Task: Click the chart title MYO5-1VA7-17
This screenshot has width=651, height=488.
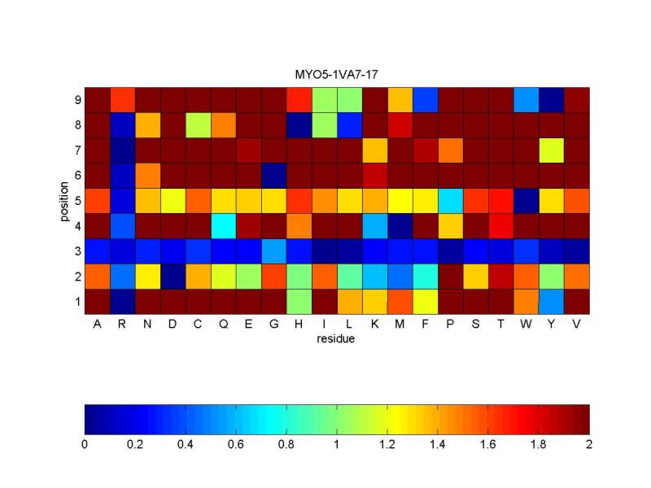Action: (336, 75)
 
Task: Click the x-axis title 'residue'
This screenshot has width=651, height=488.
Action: (336, 338)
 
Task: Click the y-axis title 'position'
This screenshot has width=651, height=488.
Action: (63, 201)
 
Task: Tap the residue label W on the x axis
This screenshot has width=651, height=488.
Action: (526, 324)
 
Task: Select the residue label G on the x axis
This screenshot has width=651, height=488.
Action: (273, 324)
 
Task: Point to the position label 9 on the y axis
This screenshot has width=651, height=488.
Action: (77, 100)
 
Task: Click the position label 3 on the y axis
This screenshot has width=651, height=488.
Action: (77, 251)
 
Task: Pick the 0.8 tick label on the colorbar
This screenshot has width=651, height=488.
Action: (286, 444)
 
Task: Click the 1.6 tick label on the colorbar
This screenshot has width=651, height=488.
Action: (487, 444)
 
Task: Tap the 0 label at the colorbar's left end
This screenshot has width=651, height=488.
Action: (85, 444)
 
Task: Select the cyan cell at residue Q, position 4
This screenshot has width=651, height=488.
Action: (223, 226)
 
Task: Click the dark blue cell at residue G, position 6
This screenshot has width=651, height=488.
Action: (273, 176)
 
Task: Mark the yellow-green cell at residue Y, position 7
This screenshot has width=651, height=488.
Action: (551, 150)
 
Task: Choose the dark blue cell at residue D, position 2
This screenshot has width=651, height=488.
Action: (173, 277)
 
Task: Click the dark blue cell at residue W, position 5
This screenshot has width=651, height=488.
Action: (526, 201)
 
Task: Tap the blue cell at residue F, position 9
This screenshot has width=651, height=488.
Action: (425, 100)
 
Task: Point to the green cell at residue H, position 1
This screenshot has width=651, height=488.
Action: (299, 302)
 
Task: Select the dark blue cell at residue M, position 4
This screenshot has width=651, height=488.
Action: (400, 226)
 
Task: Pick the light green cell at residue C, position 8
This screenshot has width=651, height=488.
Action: (198, 125)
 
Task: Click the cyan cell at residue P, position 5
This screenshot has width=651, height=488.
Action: (450, 201)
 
